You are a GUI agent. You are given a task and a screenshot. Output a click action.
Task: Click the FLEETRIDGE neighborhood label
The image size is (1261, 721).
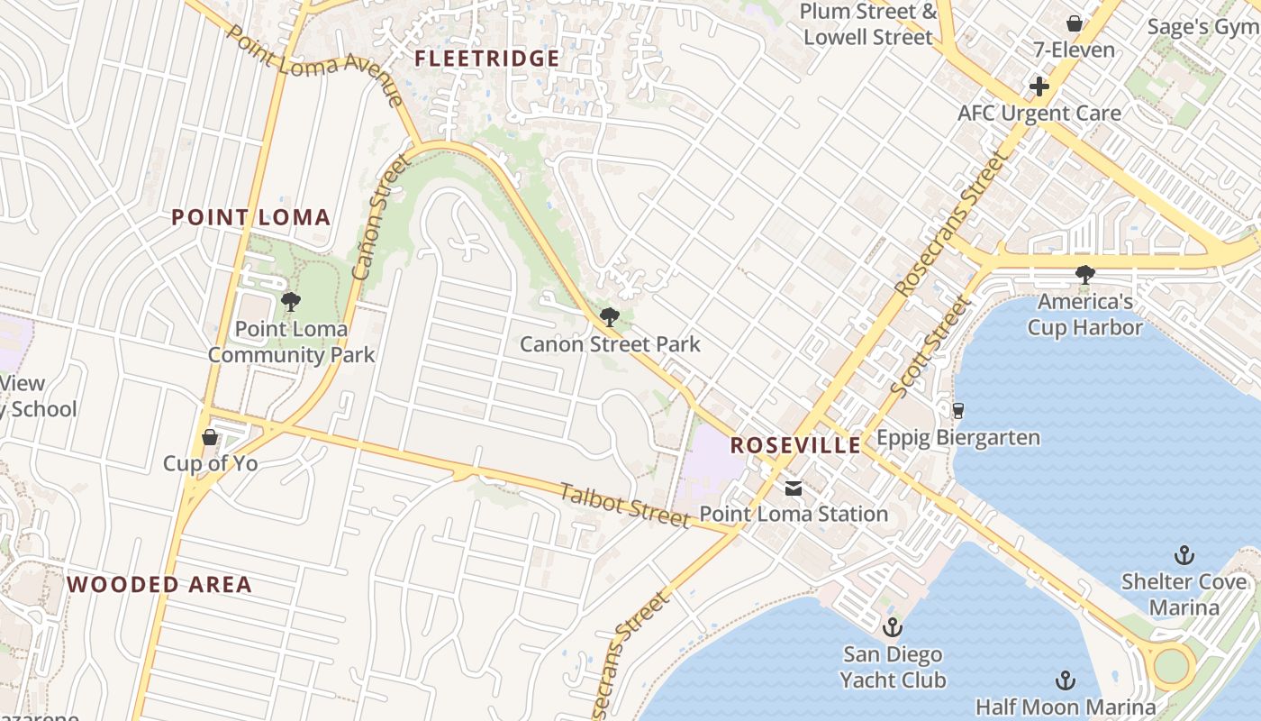tap(486, 59)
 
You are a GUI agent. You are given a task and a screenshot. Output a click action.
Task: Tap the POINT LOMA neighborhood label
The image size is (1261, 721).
tap(250, 217)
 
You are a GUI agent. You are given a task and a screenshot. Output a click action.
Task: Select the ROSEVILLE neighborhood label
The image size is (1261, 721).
tap(795, 445)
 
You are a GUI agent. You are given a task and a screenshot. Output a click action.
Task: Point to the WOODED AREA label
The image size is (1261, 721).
tap(159, 584)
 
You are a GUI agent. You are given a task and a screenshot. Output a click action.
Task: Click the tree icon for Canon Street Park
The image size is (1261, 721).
tap(610, 316)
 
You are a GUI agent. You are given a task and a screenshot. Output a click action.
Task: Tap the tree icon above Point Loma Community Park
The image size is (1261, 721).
tap(290, 301)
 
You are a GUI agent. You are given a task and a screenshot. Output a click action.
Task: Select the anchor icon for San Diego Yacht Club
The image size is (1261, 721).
tap(893, 626)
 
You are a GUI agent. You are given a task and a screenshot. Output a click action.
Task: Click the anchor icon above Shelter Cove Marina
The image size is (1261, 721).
tap(1184, 555)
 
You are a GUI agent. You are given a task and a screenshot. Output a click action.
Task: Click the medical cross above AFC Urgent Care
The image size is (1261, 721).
tap(1039, 87)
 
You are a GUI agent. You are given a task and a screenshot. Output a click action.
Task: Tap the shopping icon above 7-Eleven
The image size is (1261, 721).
tap(1074, 23)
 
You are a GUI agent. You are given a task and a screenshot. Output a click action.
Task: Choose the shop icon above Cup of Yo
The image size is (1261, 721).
tap(210, 437)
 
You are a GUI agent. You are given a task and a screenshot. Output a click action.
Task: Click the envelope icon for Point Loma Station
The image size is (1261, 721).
tap(794, 488)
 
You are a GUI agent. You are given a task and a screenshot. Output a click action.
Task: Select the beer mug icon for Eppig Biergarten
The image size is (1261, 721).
tap(957, 411)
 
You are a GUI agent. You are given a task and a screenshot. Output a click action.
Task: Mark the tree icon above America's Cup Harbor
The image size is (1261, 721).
tap(1085, 274)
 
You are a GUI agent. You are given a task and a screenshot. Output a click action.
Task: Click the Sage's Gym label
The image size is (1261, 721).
tap(1203, 27)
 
